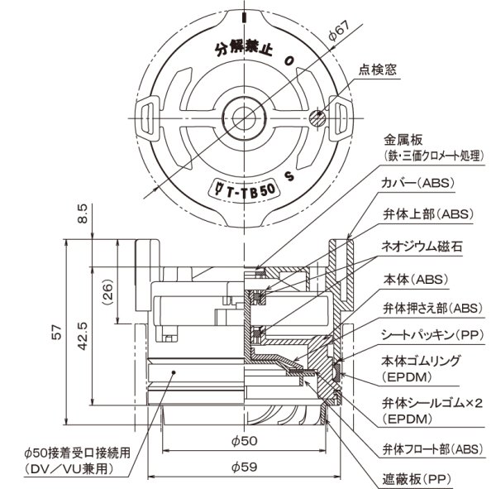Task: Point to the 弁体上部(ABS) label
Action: (x=425, y=213)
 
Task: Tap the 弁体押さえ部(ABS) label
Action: (x=431, y=307)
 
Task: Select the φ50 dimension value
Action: (x=245, y=440)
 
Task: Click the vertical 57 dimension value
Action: (x=55, y=331)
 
